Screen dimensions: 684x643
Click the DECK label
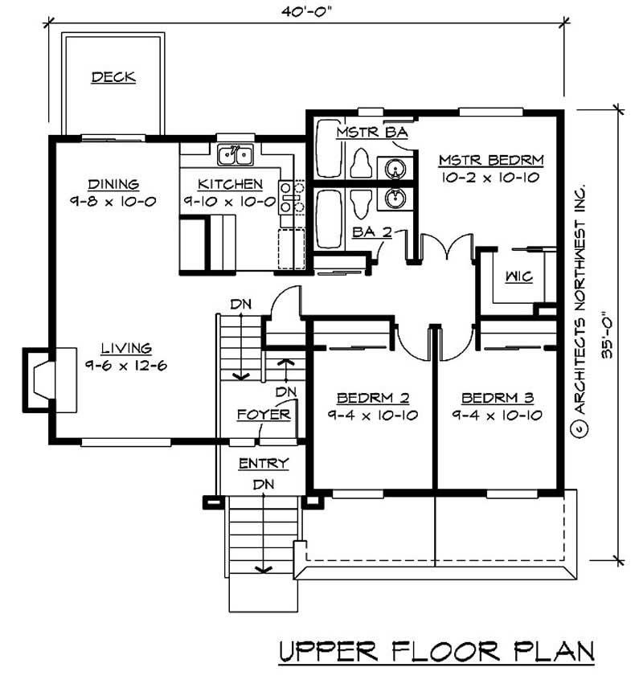(x=113, y=77)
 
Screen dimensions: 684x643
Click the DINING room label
(x=113, y=183)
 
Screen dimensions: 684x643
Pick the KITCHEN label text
(x=230, y=183)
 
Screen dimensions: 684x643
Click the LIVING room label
(x=126, y=349)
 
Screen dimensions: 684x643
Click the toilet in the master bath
(x=360, y=164)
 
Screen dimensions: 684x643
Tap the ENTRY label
(x=263, y=465)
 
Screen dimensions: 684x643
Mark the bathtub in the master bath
(x=328, y=149)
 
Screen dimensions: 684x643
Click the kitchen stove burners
(x=289, y=198)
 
